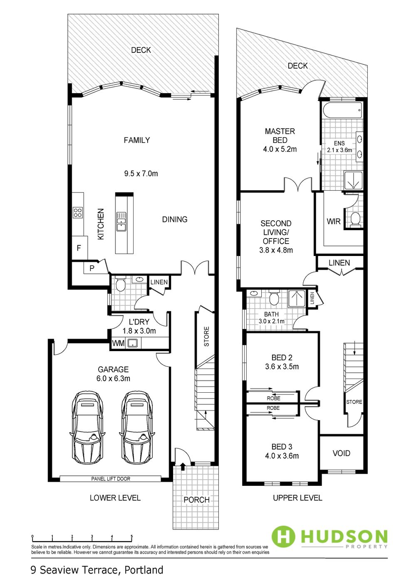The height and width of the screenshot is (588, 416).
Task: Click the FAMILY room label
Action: point(136,140)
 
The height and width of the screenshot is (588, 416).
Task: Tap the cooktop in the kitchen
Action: point(77,212)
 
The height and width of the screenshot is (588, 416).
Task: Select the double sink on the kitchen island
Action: point(121,221)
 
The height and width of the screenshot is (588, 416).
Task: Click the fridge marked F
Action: point(79,248)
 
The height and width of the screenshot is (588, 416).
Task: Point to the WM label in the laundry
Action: point(118,343)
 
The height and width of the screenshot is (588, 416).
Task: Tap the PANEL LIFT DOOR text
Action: point(111,479)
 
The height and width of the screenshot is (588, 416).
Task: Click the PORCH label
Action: point(196,500)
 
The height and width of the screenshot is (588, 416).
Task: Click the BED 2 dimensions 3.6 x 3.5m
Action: point(282,367)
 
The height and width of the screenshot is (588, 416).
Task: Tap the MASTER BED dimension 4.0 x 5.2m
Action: point(280,149)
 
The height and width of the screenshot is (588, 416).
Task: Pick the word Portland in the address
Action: point(144,570)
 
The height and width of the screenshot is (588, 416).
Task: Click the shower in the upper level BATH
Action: point(297,298)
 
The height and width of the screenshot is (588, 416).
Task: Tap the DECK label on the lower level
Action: point(141,50)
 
